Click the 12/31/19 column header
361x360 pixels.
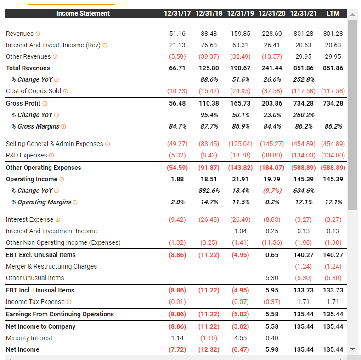pos(240,13)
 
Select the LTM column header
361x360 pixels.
pos(333,13)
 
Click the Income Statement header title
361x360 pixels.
pos(83,13)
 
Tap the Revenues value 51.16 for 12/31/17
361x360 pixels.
pos(177,34)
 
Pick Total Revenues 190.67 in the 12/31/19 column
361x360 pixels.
pos(240,68)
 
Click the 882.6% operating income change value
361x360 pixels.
pos(209,191)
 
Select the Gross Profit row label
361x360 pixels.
pos(23,103)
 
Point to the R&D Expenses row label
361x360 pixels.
pos(27,155)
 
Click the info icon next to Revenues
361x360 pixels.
pos(38,34)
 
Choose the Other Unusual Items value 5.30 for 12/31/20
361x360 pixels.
pos(272,278)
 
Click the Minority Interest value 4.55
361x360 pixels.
pos(240,338)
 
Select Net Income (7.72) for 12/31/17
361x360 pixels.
pos(177,349)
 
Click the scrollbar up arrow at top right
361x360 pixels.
pos(352,15)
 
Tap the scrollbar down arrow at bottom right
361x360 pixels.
pos(352,349)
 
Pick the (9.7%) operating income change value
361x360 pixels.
pos(272,191)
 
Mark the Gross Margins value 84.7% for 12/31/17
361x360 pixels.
pos(177,126)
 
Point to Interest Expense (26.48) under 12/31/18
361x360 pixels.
pos(209,219)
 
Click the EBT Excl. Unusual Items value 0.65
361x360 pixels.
pos(272,255)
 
